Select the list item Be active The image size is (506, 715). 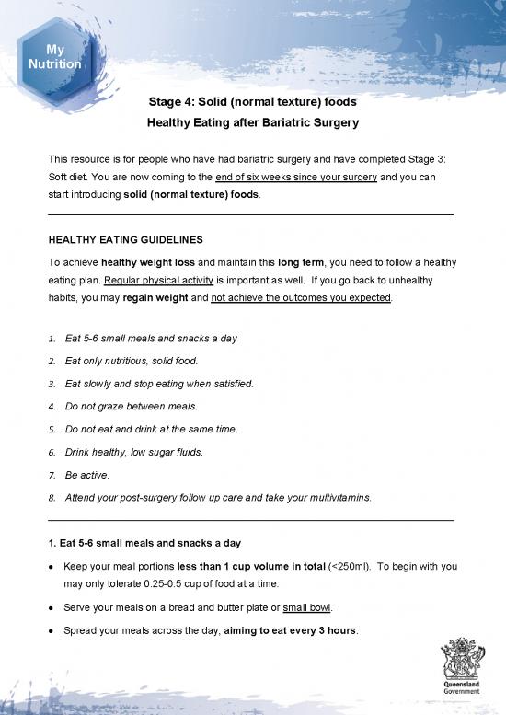(x=87, y=476)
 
